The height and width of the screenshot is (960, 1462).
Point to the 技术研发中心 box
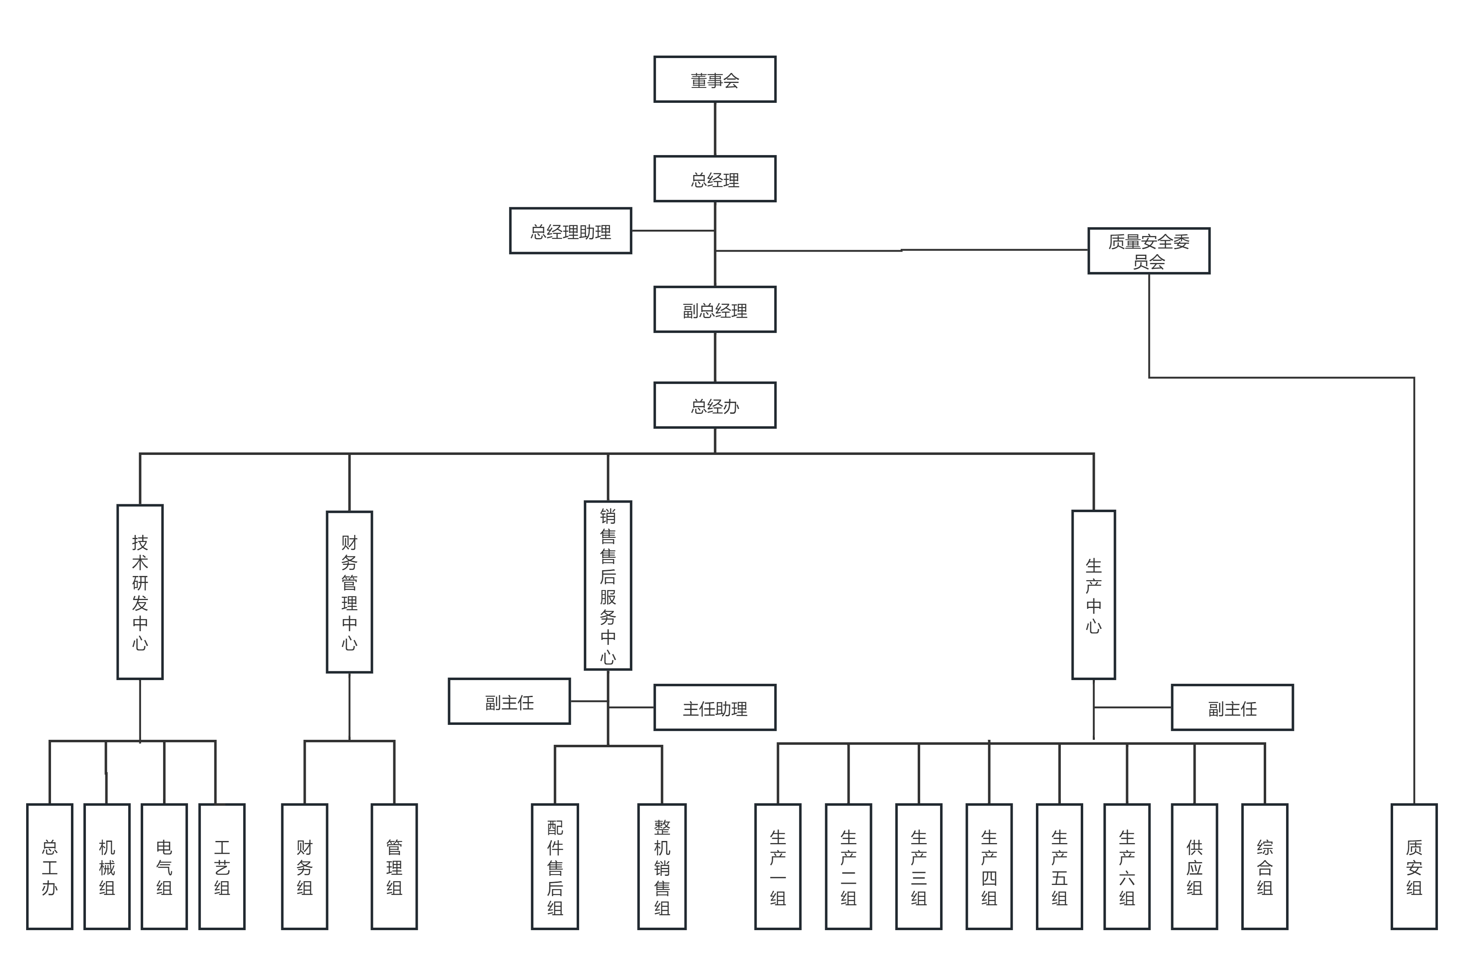click(x=140, y=592)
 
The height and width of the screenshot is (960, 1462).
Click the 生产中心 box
click(x=1094, y=595)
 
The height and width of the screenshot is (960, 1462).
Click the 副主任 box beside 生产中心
click(x=1232, y=707)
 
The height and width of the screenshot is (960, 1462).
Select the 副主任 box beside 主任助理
click(x=509, y=701)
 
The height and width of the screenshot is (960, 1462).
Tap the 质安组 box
click(x=1414, y=867)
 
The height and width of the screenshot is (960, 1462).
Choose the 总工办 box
click(x=50, y=867)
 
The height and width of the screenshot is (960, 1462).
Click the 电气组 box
click(x=164, y=867)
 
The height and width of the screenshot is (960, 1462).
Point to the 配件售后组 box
click(x=555, y=867)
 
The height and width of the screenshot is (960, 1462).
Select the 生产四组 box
click(x=989, y=867)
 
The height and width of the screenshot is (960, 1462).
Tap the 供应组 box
click(x=1194, y=867)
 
